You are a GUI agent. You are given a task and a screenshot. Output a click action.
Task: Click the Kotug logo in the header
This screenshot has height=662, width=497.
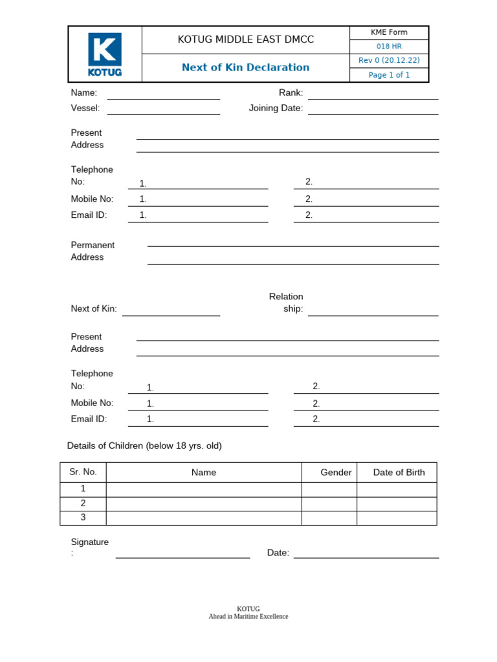point(104,55)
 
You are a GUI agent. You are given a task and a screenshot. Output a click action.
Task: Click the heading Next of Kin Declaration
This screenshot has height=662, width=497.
point(245,67)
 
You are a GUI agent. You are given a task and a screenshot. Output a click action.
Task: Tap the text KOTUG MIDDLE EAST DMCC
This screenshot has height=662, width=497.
point(245,40)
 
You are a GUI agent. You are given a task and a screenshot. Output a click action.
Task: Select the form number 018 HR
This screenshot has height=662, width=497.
point(389,47)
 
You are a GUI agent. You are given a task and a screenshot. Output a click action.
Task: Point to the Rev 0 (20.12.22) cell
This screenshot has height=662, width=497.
point(389,61)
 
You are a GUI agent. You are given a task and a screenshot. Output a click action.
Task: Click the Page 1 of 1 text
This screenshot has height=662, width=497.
point(389,75)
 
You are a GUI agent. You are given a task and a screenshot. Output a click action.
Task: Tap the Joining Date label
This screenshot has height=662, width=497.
point(276,108)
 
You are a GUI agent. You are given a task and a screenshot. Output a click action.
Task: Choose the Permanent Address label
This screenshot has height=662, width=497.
point(93,251)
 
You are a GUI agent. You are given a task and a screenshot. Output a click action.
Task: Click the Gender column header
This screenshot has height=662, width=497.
point(336,473)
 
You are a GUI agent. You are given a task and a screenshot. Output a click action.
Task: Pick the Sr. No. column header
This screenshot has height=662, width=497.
point(83,472)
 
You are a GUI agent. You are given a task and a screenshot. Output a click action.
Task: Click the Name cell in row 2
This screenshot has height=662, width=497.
point(204,504)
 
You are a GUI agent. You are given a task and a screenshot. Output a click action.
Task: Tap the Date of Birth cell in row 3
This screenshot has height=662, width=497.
point(397,518)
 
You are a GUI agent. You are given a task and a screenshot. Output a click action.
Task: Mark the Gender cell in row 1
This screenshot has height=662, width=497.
point(329,489)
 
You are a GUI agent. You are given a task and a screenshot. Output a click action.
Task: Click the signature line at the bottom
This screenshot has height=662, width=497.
point(182,555)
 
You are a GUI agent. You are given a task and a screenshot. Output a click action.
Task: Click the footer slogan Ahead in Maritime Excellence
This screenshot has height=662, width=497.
point(248,617)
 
